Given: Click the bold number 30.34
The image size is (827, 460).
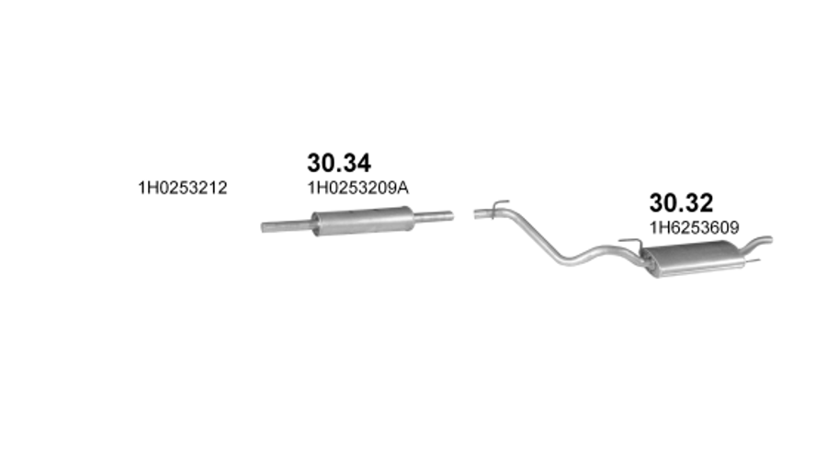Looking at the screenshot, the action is (x=339, y=163).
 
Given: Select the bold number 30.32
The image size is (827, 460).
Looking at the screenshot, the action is (x=681, y=202).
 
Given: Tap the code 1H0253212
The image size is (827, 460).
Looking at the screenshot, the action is (x=183, y=188).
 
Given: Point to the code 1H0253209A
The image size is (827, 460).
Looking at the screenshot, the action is (x=358, y=188).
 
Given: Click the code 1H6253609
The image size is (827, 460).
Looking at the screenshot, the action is (x=694, y=227).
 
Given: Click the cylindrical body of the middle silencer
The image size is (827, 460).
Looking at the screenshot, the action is (x=362, y=221).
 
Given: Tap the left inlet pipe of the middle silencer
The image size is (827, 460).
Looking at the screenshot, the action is (x=287, y=226).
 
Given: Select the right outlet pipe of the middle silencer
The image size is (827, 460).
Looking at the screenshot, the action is (x=434, y=216).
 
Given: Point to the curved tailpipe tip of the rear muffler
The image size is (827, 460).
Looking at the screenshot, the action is (x=758, y=243).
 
